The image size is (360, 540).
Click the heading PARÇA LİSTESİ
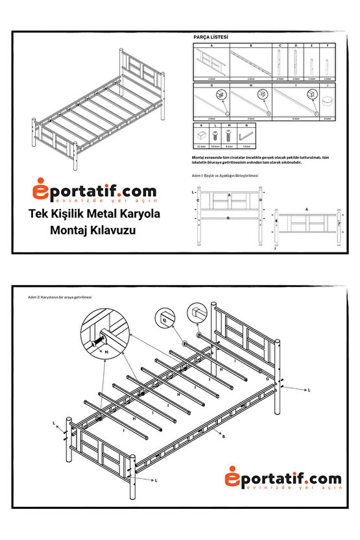211,38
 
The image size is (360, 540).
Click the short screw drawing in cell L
215,136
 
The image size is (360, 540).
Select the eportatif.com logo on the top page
95,192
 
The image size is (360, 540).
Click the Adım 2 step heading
60,296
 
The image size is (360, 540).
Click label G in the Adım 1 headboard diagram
229,219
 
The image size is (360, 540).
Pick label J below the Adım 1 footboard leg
275,249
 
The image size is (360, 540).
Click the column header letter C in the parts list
280,46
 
